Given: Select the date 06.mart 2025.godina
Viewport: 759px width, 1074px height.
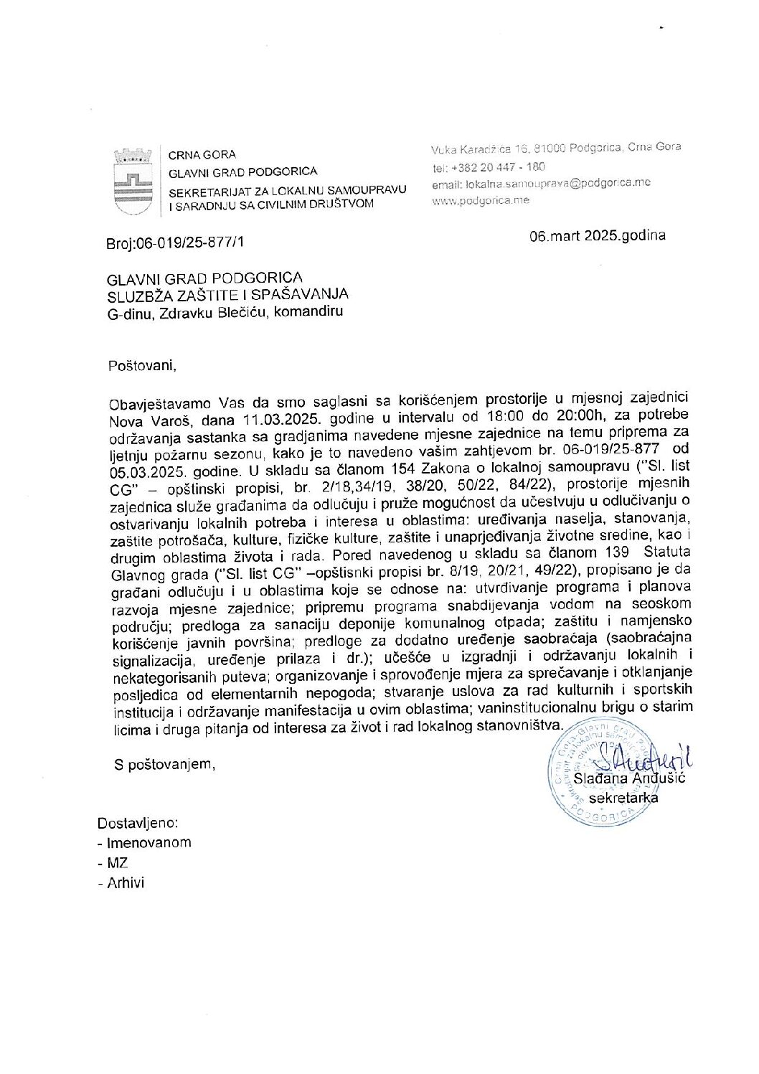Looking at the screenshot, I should [597, 235].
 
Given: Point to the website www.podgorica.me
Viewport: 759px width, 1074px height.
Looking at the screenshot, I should [480, 201].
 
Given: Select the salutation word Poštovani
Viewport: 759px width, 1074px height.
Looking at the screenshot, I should [141, 365].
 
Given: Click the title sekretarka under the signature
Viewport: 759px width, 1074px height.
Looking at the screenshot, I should [623, 797].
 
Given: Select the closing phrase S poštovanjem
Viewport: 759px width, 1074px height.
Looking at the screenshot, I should [164, 764].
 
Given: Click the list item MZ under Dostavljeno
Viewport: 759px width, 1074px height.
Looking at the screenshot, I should [117, 863].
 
